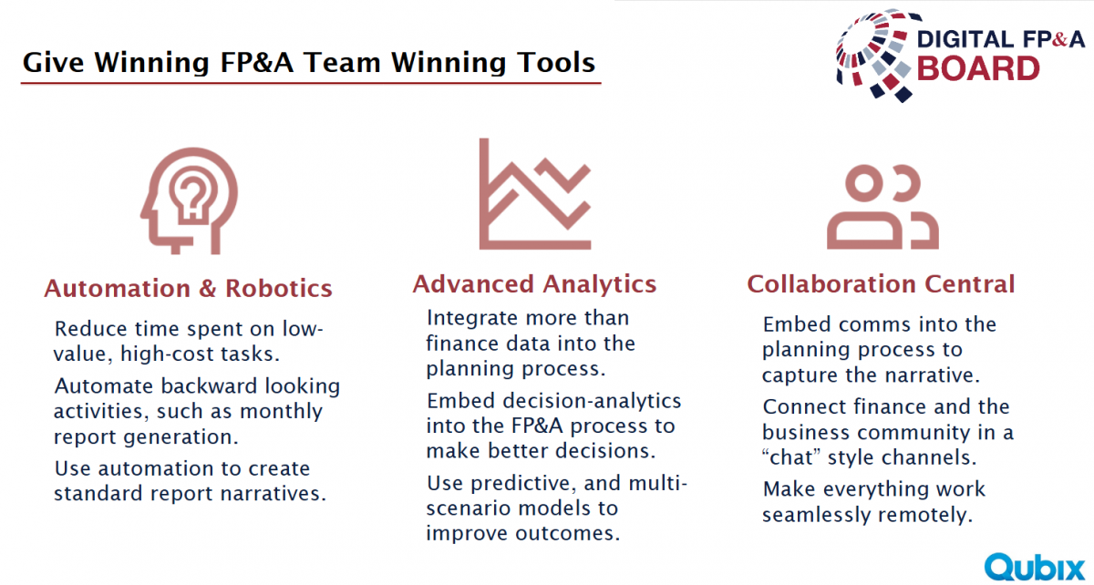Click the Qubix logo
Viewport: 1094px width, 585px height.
pos(1035,568)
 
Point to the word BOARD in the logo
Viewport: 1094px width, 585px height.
pos(978,69)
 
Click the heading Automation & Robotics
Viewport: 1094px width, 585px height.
pos(189,288)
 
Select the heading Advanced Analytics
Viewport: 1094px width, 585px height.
pos(534,284)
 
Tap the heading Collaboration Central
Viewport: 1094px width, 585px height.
pos(881,284)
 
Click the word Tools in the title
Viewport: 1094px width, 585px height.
pos(556,63)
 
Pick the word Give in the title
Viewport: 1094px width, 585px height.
pos(53,63)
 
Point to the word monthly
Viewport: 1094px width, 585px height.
pos(281,412)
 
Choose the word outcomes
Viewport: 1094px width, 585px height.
pos(568,533)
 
